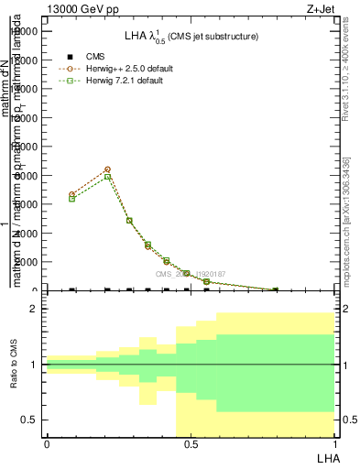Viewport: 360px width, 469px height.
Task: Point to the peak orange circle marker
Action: point(108,169)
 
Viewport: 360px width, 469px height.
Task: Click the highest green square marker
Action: point(108,177)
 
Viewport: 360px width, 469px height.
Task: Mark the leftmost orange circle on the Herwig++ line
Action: point(72,195)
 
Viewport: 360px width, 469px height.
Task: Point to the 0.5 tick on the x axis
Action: point(191,444)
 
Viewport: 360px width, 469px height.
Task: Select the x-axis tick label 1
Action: point(334,444)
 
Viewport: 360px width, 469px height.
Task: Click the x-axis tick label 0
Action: point(47,444)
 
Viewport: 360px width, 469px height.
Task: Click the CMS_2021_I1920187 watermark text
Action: point(190,274)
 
